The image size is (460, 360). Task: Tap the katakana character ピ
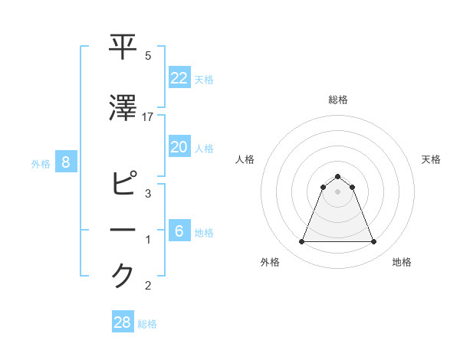(x=124, y=185)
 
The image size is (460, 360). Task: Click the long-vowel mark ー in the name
(x=124, y=231)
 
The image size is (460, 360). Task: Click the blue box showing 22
(x=179, y=78)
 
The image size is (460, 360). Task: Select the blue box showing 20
(x=179, y=147)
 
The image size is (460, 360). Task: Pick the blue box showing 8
(x=66, y=162)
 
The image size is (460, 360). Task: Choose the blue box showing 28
(x=123, y=322)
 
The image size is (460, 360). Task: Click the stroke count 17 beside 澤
(x=148, y=117)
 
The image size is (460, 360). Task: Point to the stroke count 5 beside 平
(x=148, y=56)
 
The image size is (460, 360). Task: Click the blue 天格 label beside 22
(x=204, y=80)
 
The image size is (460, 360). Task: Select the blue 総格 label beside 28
(x=147, y=324)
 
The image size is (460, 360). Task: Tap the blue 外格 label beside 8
(x=40, y=163)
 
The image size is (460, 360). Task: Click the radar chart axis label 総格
(x=337, y=100)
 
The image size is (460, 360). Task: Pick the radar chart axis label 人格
(x=245, y=159)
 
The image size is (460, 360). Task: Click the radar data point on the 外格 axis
(x=301, y=242)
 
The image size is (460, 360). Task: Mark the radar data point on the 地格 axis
(x=373, y=242)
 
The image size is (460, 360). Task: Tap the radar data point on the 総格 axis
(x=337, y=176)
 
